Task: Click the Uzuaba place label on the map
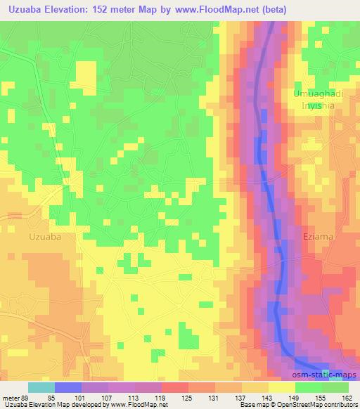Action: (x=46, y=237)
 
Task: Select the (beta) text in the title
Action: (x=271, y=9)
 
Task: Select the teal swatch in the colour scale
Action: (x=41, y=387)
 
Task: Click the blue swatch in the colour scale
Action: (x=67, y=387)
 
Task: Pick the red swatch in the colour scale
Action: (x=174, y=387)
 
